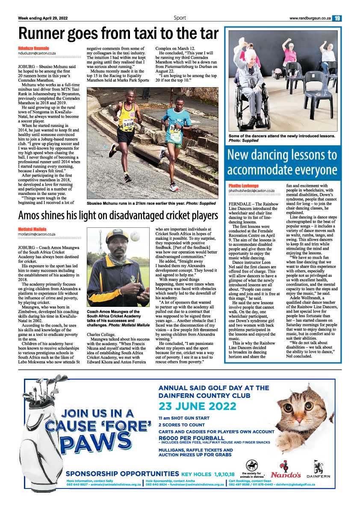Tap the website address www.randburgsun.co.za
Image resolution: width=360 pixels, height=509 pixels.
[x=310, y=18]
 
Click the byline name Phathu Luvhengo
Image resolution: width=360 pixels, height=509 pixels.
[x=244, y=186]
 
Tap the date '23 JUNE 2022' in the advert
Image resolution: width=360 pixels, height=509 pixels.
[x=197, y=406]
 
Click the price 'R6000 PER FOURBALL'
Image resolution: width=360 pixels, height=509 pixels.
[x=191, y=438]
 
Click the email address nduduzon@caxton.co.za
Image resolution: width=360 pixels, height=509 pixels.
[x=37, y=53]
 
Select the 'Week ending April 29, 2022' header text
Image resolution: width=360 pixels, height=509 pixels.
[x=43, y=18]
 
